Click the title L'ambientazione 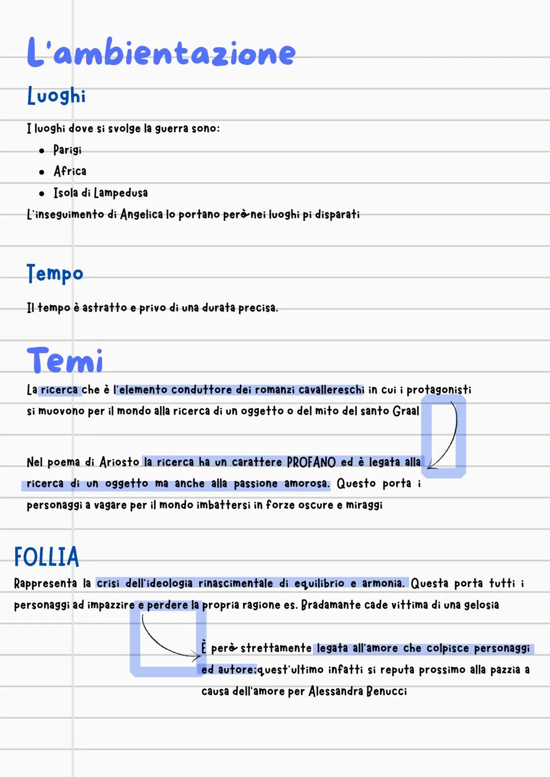(x=161, y=52)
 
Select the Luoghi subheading (x=56, y=96)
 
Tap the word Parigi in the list (x=67, y=150)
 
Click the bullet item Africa (x=70, y=171)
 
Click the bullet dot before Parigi (x=42, y=151)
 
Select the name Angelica (x=141, y=215)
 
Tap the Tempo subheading (x=54, y=274)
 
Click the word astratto (x=104, y=308)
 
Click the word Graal (x=406, y=411)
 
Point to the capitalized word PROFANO (x=311, y=462)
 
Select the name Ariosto (x=119, y=462)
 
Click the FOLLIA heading (x=47, y=557)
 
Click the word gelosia (x=481, y=605)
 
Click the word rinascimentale (x=235, y=583)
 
